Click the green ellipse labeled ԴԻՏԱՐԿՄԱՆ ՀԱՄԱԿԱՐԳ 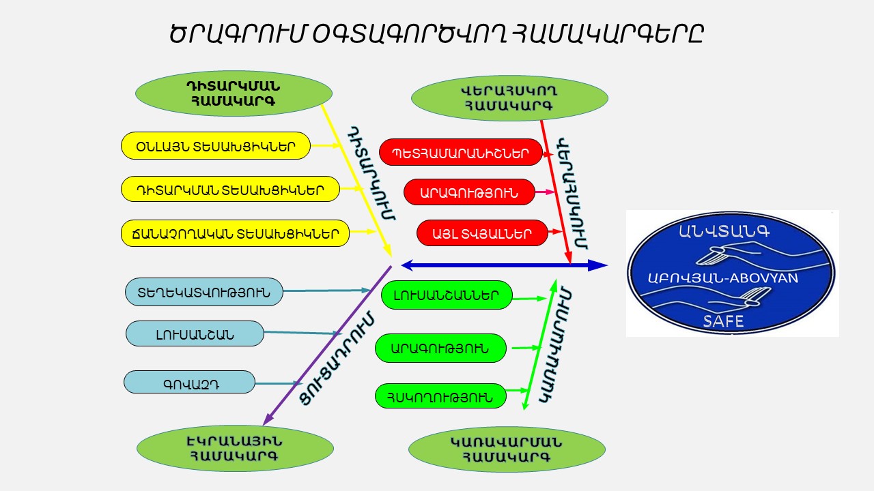pyautogui.click(x=234, y=94)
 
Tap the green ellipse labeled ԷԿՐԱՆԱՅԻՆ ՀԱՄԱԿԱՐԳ pyautogui.click(x=235, y=448)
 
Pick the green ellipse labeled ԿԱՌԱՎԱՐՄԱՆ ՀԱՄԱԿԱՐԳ pyautogui.click(x=507, y=449)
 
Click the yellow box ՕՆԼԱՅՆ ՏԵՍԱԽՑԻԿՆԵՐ pyautogui.click(x=216, y=146)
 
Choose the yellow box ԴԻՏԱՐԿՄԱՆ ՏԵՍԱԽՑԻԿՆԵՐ pyautogui.click(x=230, y=189)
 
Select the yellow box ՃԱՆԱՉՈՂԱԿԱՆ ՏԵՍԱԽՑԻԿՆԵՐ pyautogui.click(x=235, y=233)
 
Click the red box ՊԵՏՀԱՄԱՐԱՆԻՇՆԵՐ pyautogui.click(x=461, y=153)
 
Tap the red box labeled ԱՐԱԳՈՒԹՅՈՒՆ pyautogui.click(x=470, y=192)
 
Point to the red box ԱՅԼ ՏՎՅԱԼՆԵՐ pyautogui.click(x=481, y=233)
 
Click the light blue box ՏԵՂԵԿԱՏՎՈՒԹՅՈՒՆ pyautogui.click(x=203, y=292)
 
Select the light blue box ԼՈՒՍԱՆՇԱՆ pyautogui.click(x=195, y=334)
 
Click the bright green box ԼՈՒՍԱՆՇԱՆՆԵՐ pyautogui.click(x=447, y=295)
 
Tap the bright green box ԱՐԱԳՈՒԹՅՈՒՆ pyautogui.click(x=441, y=348)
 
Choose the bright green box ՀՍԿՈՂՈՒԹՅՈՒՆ pyautogui.click(x=440, y=396)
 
